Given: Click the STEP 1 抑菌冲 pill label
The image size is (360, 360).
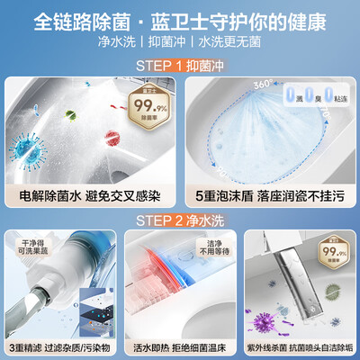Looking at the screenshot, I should point(180,66).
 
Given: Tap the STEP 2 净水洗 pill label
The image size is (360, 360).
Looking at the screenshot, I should point(180,219).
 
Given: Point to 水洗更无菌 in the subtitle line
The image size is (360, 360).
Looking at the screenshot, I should point(233,42).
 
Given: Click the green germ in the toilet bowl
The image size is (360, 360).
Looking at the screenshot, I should point(70,116).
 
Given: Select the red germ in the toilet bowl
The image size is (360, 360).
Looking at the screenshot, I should point(112,136).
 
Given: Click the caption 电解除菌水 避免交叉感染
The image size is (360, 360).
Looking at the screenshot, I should point(90,195).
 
